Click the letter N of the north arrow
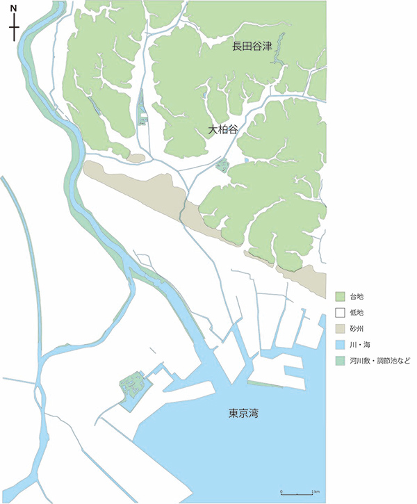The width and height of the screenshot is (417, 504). click(14, 9)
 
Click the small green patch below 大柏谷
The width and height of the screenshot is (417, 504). click(222, 165)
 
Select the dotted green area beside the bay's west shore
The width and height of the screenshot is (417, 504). click(131, 384)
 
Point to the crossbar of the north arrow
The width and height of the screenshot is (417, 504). click(14, 28)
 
